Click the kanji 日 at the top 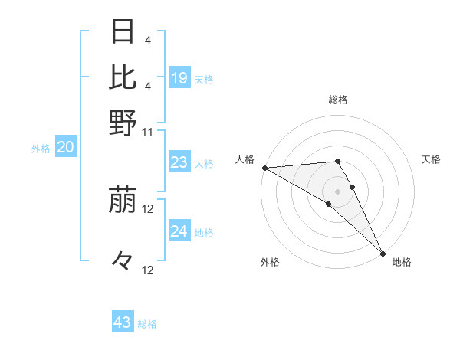tap(123, 33)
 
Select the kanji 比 tap(123, 77)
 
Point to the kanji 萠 tap(123, 201)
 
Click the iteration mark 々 tap(123, 261)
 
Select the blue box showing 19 tap(179, 77)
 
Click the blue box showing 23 tap(179, 162)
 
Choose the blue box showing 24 tap(179, 231)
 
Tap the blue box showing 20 tap(65, 148)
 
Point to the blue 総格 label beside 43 tap(147, 324)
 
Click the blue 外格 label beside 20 tap(41, 149)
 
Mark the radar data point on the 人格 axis tap(264, 168)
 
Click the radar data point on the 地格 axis tap(382, 251)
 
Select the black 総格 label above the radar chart tap(337, 100)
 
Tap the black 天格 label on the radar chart tap(431, 159)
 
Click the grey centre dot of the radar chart tap(337, 191)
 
